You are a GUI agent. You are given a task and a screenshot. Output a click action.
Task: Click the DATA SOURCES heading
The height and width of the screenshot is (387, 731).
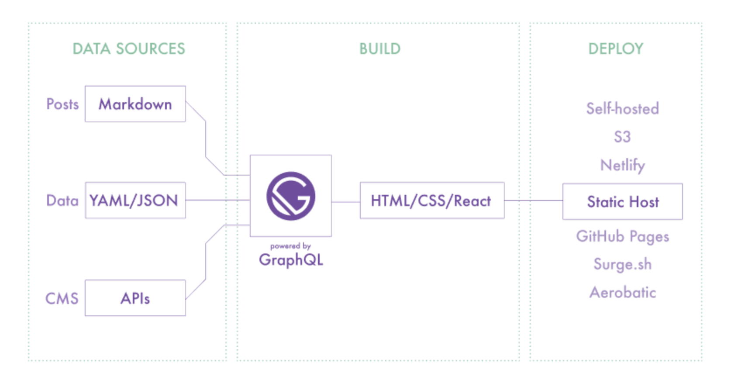[129, 49]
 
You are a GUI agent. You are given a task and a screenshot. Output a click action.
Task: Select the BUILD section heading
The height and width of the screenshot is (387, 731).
[379, 49]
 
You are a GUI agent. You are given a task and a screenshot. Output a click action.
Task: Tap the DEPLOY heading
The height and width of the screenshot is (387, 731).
[616, 49]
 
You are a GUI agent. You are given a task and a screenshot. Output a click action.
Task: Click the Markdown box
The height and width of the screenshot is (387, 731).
[135, 104]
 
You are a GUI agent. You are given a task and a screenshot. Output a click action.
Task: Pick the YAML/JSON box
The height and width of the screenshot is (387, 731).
[134, 200]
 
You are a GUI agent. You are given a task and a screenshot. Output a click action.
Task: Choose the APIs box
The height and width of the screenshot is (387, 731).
[135, 298]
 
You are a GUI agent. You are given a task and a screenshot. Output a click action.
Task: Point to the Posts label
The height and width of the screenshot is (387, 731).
[62, 104]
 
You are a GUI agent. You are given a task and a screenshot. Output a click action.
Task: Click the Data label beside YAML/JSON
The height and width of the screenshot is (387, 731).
[62, 200]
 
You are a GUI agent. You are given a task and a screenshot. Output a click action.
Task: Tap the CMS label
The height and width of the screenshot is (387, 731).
[62, 298]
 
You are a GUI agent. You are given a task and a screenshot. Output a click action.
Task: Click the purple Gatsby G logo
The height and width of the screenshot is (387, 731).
[291, 196]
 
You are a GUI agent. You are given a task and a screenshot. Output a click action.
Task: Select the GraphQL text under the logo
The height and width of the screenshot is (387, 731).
[291, 260]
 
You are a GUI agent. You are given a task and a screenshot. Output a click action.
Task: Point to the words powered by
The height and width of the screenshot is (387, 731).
[290, 246]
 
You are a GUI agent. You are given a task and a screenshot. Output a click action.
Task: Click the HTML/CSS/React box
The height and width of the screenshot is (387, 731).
[431, 201]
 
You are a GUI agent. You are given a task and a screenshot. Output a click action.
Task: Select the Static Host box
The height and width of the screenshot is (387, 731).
[623, 202]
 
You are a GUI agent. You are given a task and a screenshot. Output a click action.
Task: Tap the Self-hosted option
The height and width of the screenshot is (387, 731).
[622, 108]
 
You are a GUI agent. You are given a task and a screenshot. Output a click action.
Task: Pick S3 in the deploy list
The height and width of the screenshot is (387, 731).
[622, 137]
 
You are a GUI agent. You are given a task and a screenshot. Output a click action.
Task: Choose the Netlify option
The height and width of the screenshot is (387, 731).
[622, 165]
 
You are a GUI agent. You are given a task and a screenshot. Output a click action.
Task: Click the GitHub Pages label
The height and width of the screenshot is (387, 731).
[622, 236]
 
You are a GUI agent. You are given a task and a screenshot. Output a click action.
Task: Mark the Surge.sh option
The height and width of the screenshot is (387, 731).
[622, 264]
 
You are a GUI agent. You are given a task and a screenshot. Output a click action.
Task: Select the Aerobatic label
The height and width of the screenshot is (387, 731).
[622, 292]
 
